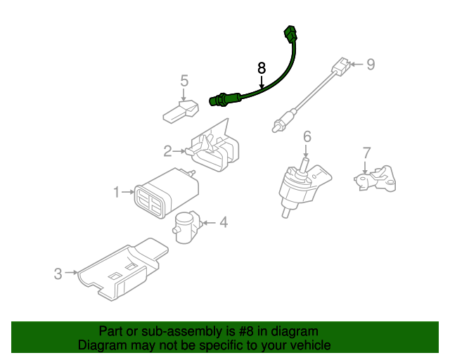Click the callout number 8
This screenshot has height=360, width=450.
pos(262,68)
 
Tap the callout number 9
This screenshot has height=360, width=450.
pos(371,64)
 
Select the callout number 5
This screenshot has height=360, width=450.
pos(184,80)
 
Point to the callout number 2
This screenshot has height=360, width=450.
pos(167,151)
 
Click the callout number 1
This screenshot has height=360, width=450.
pos(116,192)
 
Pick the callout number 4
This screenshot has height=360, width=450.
pos(224,222)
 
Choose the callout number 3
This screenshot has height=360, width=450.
pos(58,274)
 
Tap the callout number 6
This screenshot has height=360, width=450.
pos(307,136)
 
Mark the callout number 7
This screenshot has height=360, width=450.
pos(367,153)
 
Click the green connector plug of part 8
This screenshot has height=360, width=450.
pos(290,34)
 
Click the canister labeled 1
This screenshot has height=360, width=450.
pos(166,193)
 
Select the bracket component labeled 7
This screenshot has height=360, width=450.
pos(375,179)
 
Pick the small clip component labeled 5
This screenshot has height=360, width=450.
pos(181,112)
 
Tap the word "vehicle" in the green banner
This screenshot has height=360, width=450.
pos(310,345)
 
